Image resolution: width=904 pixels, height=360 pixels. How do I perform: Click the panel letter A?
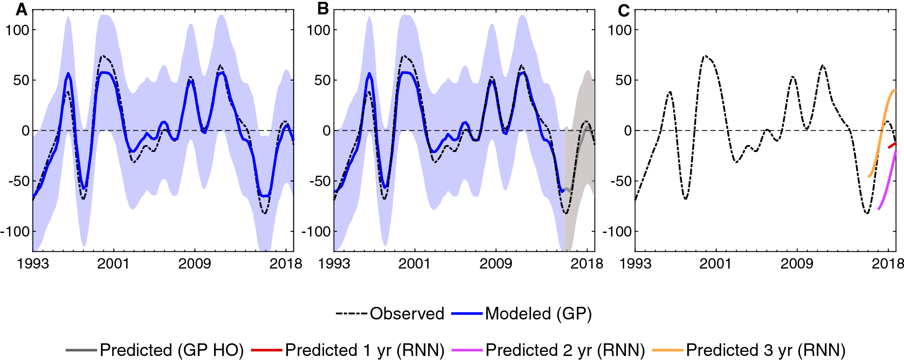[21, 9]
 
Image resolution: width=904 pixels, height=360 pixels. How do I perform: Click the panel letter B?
[323, 9]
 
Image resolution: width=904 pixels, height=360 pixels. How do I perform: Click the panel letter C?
[624, 10]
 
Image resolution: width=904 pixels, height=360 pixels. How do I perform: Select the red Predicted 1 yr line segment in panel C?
[892, 145]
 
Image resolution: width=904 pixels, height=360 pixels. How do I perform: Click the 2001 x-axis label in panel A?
[113, 264]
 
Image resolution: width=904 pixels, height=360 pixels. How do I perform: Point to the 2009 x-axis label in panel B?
[496, 264]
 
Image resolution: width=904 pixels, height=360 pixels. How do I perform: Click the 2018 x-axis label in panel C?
[888, 264]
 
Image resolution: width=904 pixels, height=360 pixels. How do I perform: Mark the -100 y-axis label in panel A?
[14, 232]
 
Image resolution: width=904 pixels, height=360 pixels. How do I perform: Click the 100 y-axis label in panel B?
[318, 30]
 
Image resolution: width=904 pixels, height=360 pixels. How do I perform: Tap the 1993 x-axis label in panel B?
[334, 264]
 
